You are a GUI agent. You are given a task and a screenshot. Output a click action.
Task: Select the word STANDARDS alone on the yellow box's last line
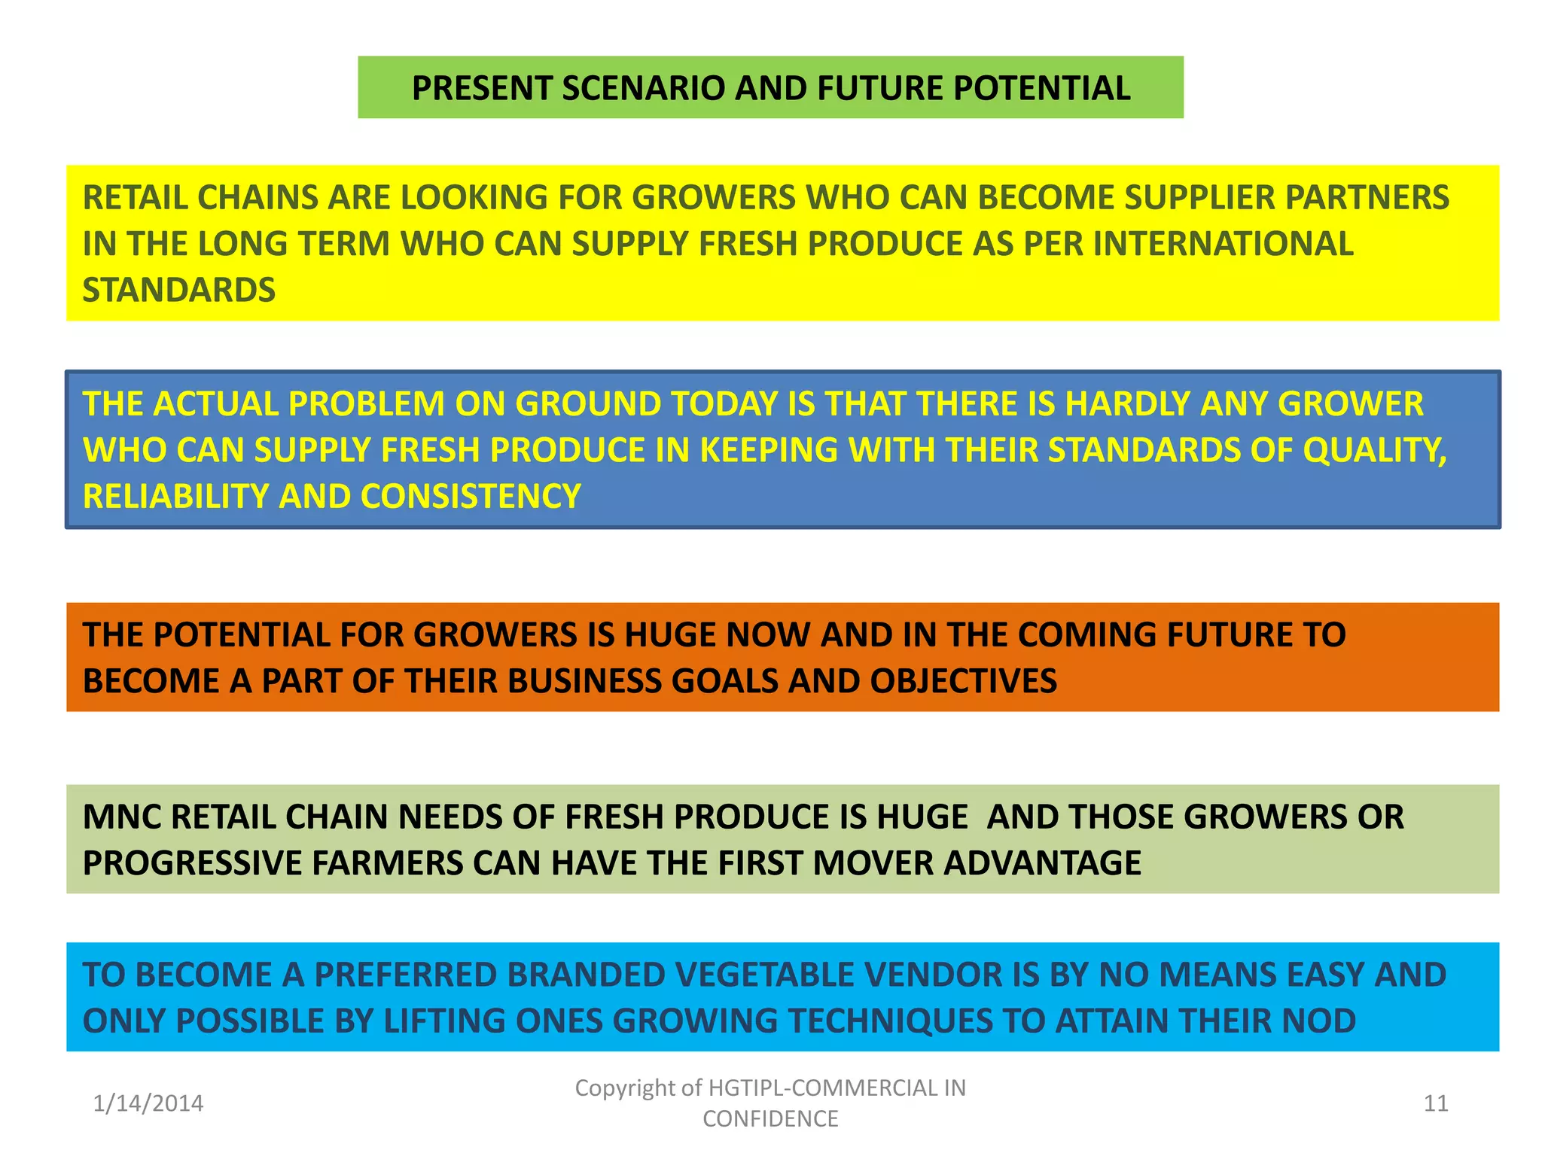click(x=179, y=291)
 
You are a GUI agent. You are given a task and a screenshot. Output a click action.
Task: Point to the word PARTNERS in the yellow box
click(x=1367, y=197)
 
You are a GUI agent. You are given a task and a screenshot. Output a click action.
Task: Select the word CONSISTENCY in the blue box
click(x=471, y=497)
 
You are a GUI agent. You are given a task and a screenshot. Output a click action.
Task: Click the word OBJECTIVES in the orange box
click(x=964, y=681)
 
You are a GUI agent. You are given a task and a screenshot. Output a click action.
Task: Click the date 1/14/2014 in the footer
click(x=148, y=1103)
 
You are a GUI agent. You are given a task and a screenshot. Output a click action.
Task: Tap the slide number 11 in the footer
click(x=1436, y=1103)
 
